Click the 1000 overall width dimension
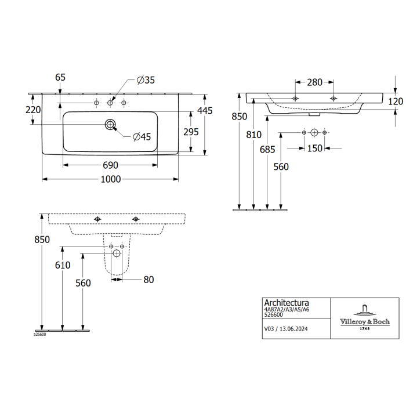pos(111,179)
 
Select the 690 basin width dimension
pos(111,165)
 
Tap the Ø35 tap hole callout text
pos(146,80)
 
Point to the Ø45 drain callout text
pos(142,137)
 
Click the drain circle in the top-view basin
pos(110,125)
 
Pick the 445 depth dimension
pos(205,111)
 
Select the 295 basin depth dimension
pos(191,132)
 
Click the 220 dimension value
pos(33,110)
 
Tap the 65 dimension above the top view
pos(60,77)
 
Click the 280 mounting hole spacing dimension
pos(314,82)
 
